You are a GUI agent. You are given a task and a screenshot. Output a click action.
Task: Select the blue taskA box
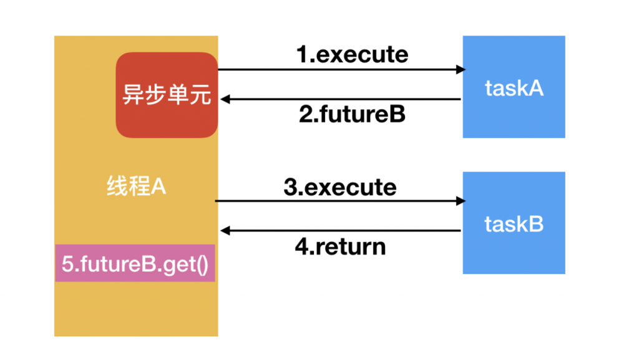(514, 87)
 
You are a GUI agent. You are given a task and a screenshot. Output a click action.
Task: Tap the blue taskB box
(514, 223)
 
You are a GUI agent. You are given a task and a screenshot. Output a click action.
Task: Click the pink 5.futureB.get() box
(135, 263)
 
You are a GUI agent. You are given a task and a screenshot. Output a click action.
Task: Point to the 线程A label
(136, 187)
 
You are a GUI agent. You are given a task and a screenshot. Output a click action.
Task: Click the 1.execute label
(352, 54)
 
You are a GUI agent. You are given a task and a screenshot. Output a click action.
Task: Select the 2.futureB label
(352, 115)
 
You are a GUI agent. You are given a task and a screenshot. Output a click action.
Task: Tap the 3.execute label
(339, 187)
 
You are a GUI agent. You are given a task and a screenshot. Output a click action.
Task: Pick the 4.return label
(339, 247)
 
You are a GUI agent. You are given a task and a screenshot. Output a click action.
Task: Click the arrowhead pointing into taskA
(461, 69)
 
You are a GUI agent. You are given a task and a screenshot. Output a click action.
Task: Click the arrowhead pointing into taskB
(461, 201)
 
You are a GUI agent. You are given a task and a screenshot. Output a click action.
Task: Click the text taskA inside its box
(514, 89)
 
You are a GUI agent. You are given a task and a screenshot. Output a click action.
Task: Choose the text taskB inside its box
(514, 224)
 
